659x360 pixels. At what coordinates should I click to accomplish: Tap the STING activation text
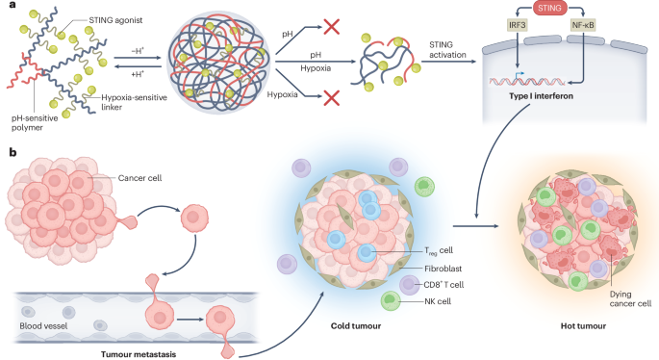point(444,47)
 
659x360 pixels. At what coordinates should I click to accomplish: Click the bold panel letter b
point(11,152)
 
